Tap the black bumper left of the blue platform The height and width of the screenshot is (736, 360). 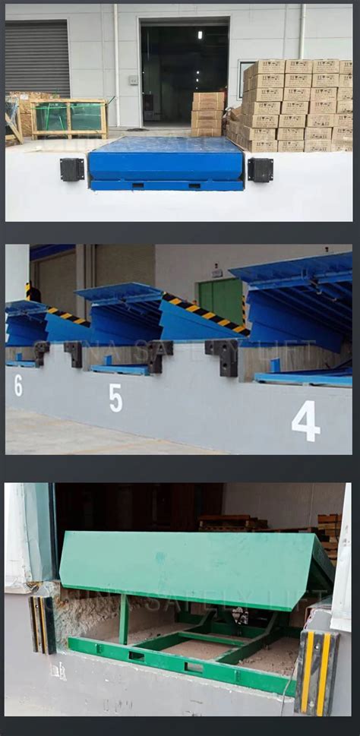pyautogui.click(x=72, y=169)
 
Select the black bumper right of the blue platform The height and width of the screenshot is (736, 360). pyautogui.click(x=260, y=169)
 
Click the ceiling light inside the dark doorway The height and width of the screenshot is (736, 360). pyautogui.click(x=201, y=35)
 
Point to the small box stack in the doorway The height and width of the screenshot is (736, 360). pyautogui.click(x=207, y=114)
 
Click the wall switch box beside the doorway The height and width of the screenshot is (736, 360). pyautogui.click(x=133, y=80)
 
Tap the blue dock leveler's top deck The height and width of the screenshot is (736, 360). pyautogui.click(x=165, y=144)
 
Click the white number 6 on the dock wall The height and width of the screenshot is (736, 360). pyautogui.click(x=17, y=385)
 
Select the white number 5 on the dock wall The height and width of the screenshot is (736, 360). pyautogui.click(x=115, y=397)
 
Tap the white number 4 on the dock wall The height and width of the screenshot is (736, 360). pyautogui.click(x=305, y=421)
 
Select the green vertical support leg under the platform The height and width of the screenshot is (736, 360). pyautogui.click(x=123, y=619)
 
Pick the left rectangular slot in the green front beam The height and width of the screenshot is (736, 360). pyautogui.click(x=137, y=655)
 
